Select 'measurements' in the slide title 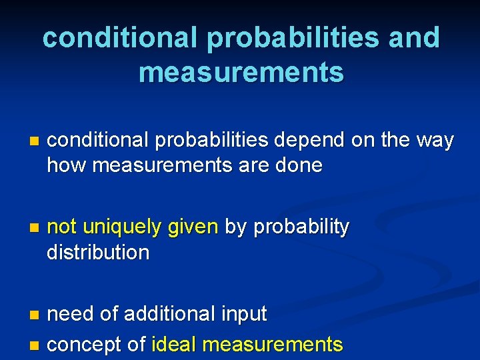click(x=241, y=72)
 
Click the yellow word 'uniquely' click(x=122, y=227)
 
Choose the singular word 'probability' click(x=299, y=227)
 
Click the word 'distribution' click(x=98, y=253)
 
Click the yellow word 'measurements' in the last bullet click(x=272, y=345)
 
